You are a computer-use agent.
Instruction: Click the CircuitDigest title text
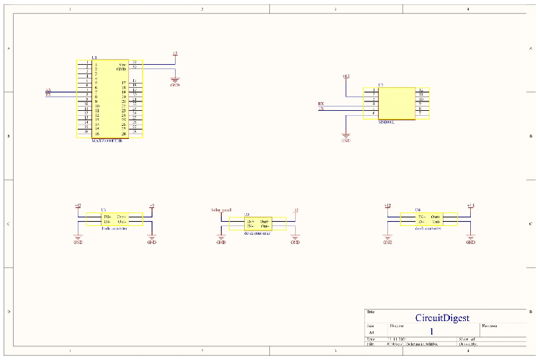(442, 318)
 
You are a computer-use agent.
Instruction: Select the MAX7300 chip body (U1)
(110, 99)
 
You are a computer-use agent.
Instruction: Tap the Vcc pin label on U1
(123, 64)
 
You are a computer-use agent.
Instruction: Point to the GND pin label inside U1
(122, 69)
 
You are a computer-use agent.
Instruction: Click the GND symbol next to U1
(174, 81)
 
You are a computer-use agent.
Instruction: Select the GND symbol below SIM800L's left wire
(346, 137)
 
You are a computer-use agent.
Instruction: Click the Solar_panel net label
(221, 210)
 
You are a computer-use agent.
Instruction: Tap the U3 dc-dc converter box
(114, 218)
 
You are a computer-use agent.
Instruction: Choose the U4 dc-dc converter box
(428, 218)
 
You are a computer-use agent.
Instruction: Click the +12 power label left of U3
(78, 206)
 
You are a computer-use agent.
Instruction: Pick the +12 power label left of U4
(387, 206)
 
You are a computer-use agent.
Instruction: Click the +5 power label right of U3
(152, 206)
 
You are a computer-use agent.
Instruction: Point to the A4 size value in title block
(372, 333)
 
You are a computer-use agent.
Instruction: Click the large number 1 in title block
(431, 332)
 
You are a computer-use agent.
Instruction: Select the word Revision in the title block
(491, 325)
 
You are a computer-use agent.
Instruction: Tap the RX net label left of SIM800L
(321, 104)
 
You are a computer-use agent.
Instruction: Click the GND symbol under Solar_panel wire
(221, 240)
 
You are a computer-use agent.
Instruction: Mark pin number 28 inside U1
(124, 134)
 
